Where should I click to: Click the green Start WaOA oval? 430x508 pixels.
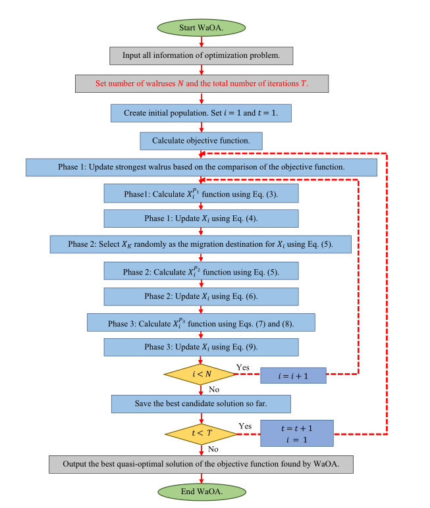(x=201, y=28)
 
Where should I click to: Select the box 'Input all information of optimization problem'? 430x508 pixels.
(x=201, y=55)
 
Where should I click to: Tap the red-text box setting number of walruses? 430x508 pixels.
(x=201, y=84)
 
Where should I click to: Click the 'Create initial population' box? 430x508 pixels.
(x=201, y=113)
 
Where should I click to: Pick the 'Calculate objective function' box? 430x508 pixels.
(x=201, y=141)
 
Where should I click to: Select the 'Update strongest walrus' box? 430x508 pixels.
(x=201, y=167)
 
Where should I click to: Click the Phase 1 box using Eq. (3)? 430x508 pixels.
(x=201, y=193)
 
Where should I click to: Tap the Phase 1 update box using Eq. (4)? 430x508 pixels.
(x=201, y=218)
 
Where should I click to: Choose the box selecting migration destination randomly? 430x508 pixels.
(x=201, y=244)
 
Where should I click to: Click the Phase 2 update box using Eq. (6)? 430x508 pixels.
(x=201, y=296)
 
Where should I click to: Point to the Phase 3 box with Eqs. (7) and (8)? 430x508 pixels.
(x=201, y=322)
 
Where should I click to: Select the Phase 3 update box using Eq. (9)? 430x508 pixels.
(x=201, y=347)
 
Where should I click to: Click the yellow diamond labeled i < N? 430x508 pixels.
(x=200, y=374)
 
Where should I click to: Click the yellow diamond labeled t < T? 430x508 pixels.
(x=200, y=433)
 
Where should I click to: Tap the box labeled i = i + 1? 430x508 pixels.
(x=293, y=375)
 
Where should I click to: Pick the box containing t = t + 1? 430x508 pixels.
(x=297, y=433)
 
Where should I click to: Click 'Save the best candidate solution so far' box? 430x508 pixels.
(x=201, y=403)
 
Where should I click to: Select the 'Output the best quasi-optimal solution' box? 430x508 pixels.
(x=201, y=464)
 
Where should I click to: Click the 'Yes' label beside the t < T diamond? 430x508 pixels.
(x=245, y=426)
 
